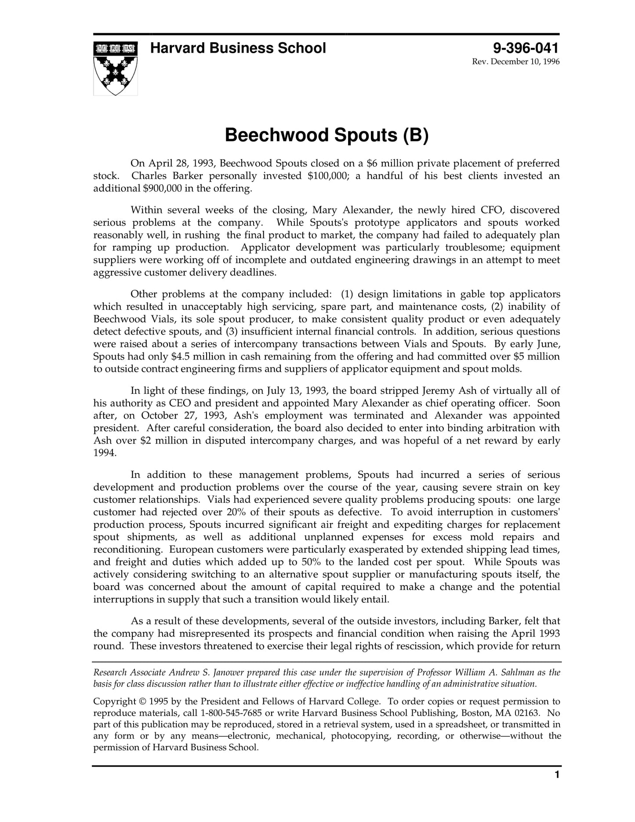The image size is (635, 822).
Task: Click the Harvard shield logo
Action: coord(115,68)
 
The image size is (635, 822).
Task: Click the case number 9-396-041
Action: coord(526,47)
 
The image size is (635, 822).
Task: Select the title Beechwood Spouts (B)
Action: coord(326,135)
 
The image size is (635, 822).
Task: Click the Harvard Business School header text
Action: coord(238,48)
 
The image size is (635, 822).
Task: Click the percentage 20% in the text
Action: coord(238,512)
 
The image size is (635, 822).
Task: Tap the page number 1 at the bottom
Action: coord(557,775)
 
